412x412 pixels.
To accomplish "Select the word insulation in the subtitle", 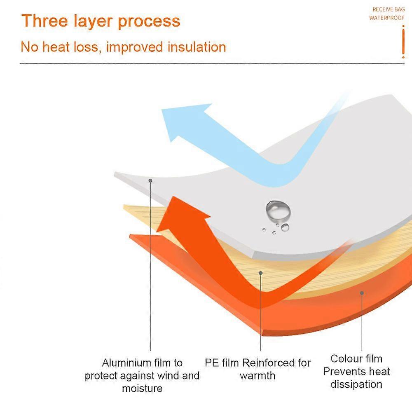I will click(x=197, y=47).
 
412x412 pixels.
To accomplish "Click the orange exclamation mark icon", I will click(x=403, y=42).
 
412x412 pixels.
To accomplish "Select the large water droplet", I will click(x=278, y=210).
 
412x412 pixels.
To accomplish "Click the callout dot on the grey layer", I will click(x=150, y=180).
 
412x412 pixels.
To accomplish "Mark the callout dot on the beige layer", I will click(x=260, y=272).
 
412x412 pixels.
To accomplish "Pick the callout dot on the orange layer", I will click(x=362, y=293).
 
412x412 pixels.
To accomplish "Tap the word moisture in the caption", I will click(x=142, y=388).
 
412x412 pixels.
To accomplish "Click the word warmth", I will click(x=257, y=376).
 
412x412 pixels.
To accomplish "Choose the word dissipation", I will click(x=356, y=384).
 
